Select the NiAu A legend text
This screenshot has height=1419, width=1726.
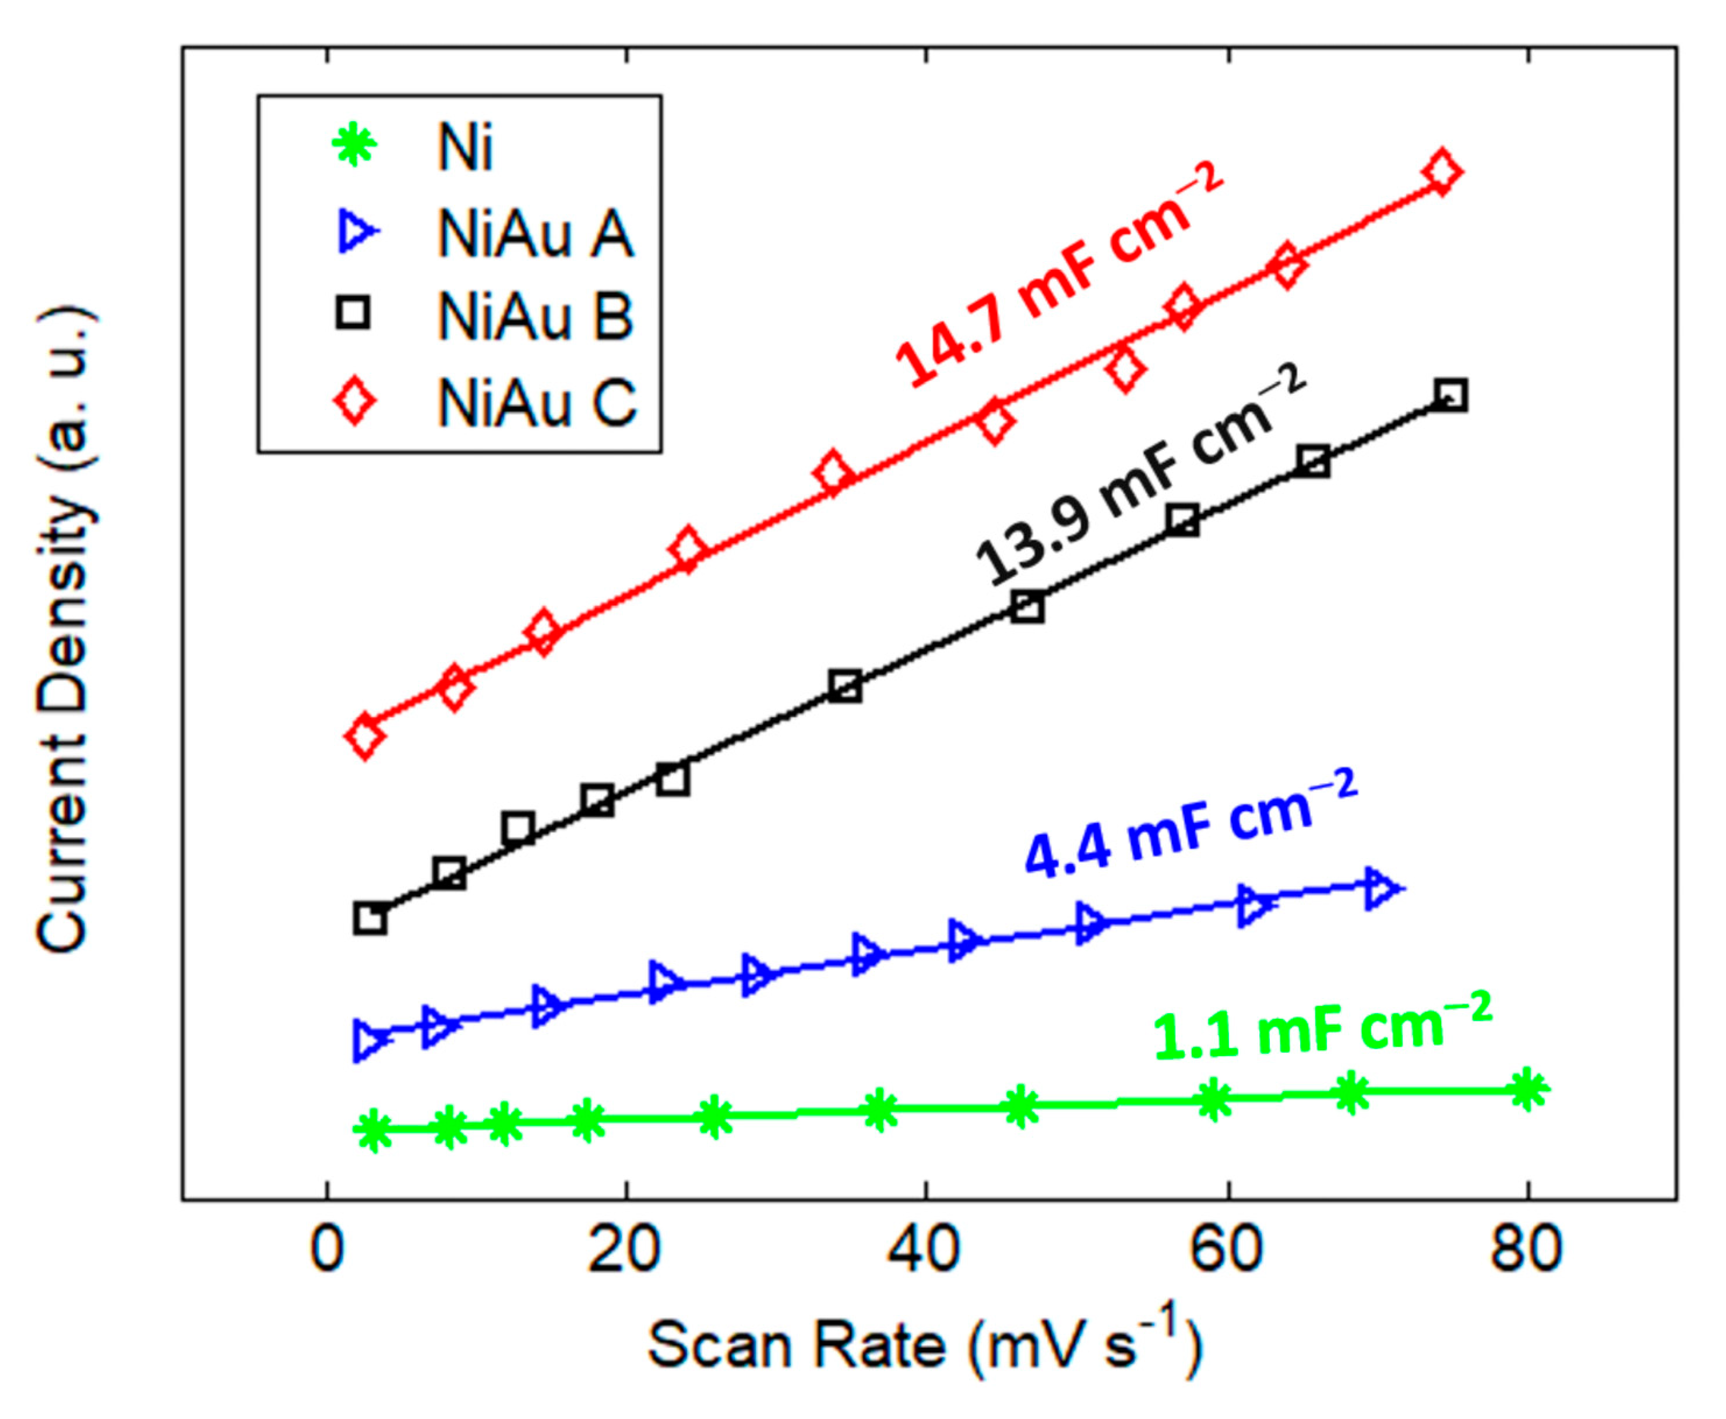(x=536, y=234)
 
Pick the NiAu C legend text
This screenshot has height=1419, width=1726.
(x=536, y=402)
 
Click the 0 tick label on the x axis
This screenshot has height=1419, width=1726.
(x=327, y=1251)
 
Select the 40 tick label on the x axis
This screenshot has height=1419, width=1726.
(x=926, y=1251)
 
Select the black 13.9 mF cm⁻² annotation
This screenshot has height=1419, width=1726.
(x=1141, y=474)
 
